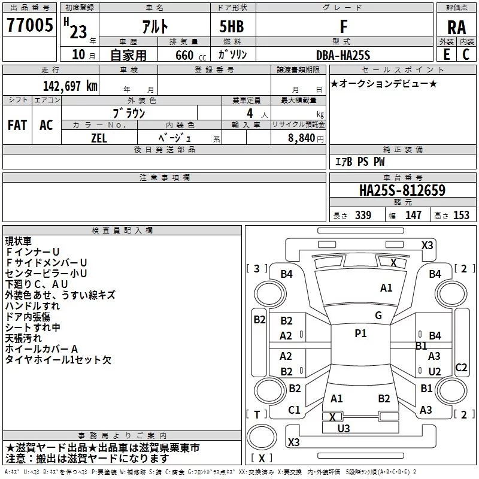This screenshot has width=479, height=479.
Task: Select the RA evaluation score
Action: pos(456,27)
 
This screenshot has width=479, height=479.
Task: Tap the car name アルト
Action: pos(154,27)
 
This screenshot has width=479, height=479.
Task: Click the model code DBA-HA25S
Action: pos(343,55)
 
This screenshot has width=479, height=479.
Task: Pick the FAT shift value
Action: pos(17,125)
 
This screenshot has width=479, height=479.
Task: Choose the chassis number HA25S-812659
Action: pos(402,191)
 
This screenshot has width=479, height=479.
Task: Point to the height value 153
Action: pos(461,216)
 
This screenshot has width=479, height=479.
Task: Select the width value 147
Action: pos(413,216)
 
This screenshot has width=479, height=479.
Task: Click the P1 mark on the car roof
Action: pos(360,334)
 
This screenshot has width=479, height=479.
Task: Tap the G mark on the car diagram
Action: pos(378,316)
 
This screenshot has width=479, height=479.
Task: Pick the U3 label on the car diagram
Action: pos(344,428)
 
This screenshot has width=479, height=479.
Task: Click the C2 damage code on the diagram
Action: pos(461,368)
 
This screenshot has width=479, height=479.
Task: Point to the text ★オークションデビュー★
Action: pos(384,83)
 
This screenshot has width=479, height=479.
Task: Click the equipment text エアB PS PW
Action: pos(359,162)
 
